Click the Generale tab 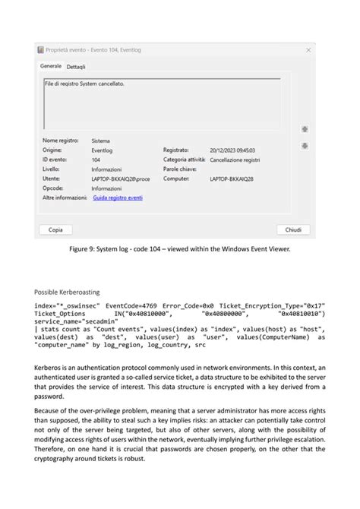pyautogui.click(x=50, y=66)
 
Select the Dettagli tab pyautogui.click(x=76, y=67)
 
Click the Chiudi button pyautogui.click(x=293, y=229)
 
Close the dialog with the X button pyautogui.click(x=308, y=49)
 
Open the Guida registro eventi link pyautogui.click(x=117, y=197)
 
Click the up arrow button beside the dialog pyautogui.click(x=305, y=129)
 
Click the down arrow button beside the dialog pyautogui.click(x=305, y=145)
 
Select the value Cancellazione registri pyautogui.click(x=235, y=160)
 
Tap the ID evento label pyautogui.click(x=56, y=160)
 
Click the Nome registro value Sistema pyautogui.click(x=101, y=141)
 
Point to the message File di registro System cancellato pyautogui.click(x=84, y=84)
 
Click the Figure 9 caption pyautogui.click(x=179, y=248)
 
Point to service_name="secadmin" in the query pyautogui.click(x=71, y=321)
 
